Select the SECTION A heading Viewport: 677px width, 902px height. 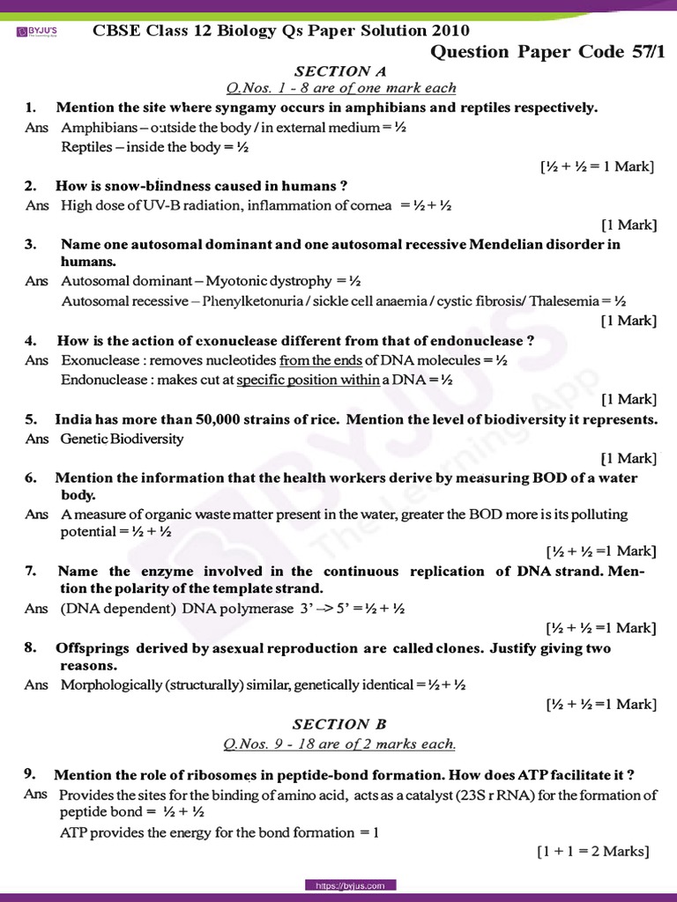tap(340, 70)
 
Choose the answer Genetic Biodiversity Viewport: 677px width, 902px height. tap(123, 439)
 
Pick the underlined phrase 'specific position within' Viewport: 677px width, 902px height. tap(308, 380)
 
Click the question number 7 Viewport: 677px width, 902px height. tap(30, 571)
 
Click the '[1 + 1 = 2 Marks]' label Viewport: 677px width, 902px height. tap(592, 851)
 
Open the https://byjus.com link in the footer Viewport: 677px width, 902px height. tap(351, 884)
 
